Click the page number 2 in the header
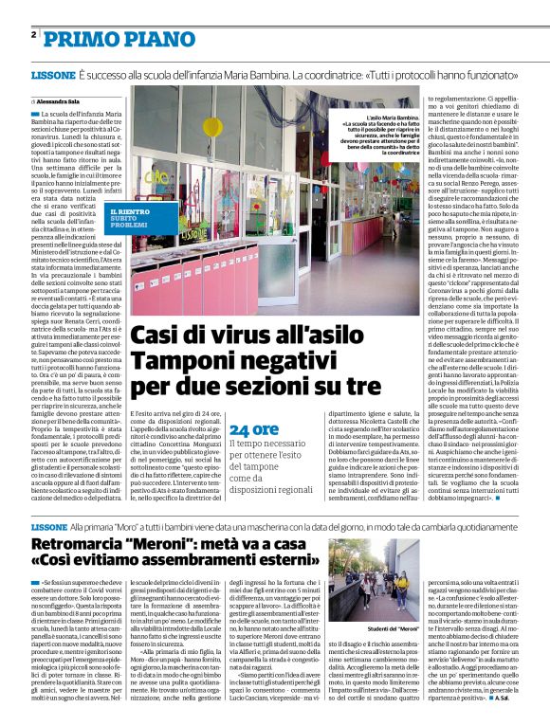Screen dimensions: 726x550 (33, 35)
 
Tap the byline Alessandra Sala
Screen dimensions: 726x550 (62, 100)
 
